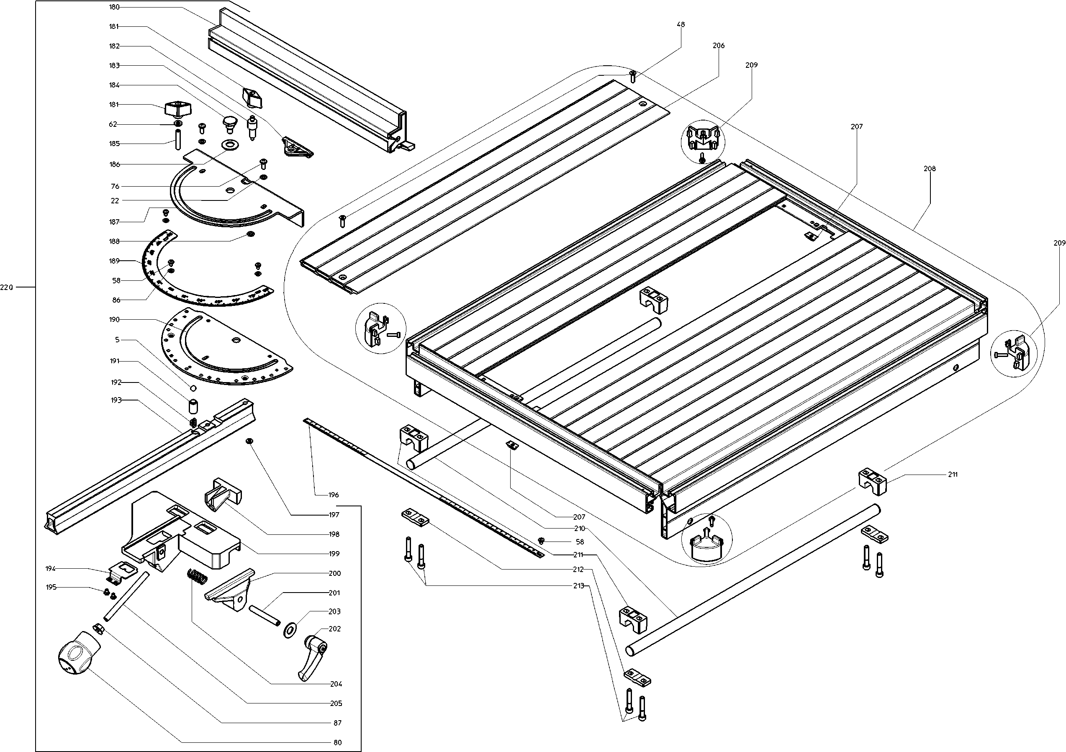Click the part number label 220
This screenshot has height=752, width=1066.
tap(7, 287)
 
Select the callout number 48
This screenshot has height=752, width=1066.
tap(681, 25)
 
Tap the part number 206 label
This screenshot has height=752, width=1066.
tap(718, 46)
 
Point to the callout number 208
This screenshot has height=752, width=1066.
tap(930, 169)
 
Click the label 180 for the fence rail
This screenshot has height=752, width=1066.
tap(114, 7)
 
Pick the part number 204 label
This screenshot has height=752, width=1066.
tap(336, 684)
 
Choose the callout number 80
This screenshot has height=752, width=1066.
tap(337, 742)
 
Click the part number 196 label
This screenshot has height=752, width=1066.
tap(333, 495)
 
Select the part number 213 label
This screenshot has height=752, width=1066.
tap(578, 586)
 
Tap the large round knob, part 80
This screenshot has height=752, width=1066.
tap(77, 654)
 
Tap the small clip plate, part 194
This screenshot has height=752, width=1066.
tap(123, 573)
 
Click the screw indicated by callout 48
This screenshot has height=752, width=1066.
tap(632, 77)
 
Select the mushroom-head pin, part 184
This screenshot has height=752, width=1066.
tap(229, 123)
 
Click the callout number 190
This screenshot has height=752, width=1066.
tap(114, 319)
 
